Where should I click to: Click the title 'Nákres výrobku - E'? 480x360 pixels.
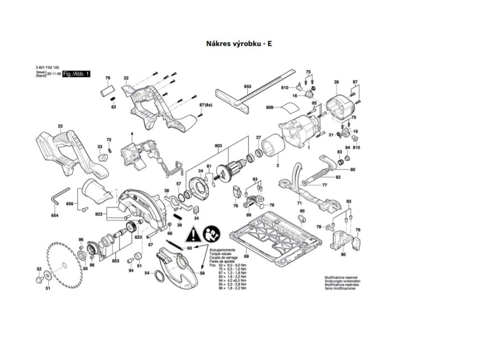click(x=239, y=44)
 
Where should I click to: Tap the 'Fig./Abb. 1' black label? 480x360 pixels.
click(x=76, y=74)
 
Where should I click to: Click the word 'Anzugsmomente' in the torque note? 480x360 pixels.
click(x=220, y=251)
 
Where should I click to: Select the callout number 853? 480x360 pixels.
click(x=116, y=261)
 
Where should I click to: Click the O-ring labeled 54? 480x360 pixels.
click(x=160, y=276)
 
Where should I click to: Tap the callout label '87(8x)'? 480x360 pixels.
click(x=205, y=105)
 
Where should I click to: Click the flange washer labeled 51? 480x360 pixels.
click(x=48, y=276)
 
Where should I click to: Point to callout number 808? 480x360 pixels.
click(x=270, y=108)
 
